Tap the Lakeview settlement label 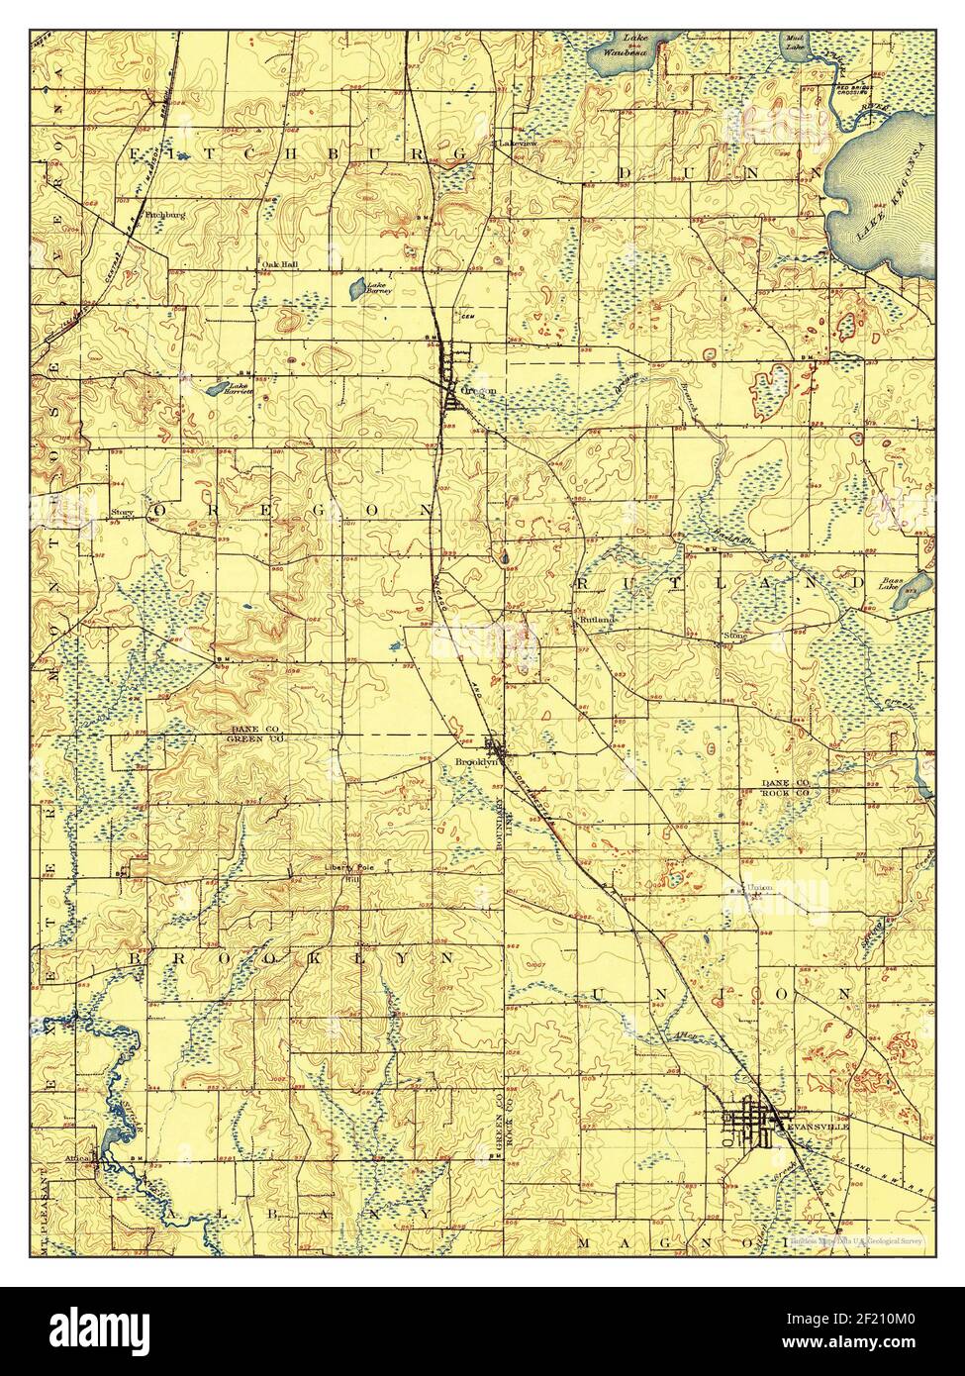(516, 143)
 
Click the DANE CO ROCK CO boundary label (786, 787)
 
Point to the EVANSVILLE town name (822, 1127)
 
